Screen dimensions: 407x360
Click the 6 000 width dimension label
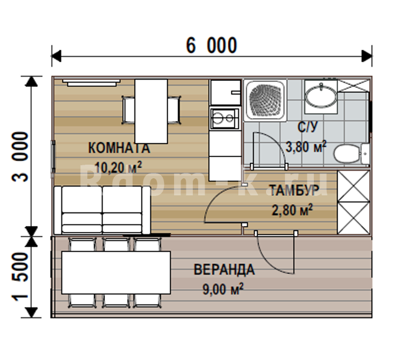(212, 45)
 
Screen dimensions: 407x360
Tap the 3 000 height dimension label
(19, 156)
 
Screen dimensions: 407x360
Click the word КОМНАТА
(119, 148)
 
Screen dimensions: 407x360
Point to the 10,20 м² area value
(119, 167)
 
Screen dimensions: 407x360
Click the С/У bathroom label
(307, 127)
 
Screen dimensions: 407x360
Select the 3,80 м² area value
(306, 147)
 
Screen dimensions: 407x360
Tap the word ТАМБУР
(294, 190)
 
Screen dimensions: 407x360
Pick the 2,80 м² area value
(292, 210)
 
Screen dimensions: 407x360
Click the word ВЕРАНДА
(224, 270)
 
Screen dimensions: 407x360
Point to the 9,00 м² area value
(223, 289)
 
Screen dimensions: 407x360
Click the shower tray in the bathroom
(265, 100)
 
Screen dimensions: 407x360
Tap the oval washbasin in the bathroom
(321, 97)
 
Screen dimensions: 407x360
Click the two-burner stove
(225, 119)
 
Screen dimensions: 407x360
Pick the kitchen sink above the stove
(225, 93)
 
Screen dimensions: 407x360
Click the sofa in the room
(102, 210)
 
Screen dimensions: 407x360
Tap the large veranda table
(116, 273)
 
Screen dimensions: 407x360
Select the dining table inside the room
(151, 111)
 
